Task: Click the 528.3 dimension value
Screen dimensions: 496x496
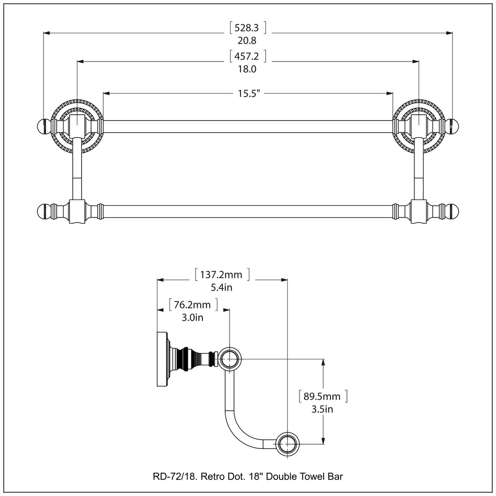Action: coord(248,28)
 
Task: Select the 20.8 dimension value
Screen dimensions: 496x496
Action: coord(248,41)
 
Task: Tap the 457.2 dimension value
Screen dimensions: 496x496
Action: coord(248,56)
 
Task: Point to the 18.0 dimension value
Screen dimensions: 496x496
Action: coord(248,69)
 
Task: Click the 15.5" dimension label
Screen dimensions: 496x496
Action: coord(249,93)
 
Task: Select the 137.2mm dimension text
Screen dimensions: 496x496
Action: coord(222,275)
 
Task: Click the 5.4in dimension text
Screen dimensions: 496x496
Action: coord(222,287)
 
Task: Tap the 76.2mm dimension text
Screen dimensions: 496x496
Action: coord(193,305)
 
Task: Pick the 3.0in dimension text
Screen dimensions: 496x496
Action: coord(193,317)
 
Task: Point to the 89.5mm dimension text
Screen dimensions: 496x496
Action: coord(322,397)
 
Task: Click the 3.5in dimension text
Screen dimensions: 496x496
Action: coord(322,409)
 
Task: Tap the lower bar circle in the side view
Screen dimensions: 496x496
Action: coord(288,444)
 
